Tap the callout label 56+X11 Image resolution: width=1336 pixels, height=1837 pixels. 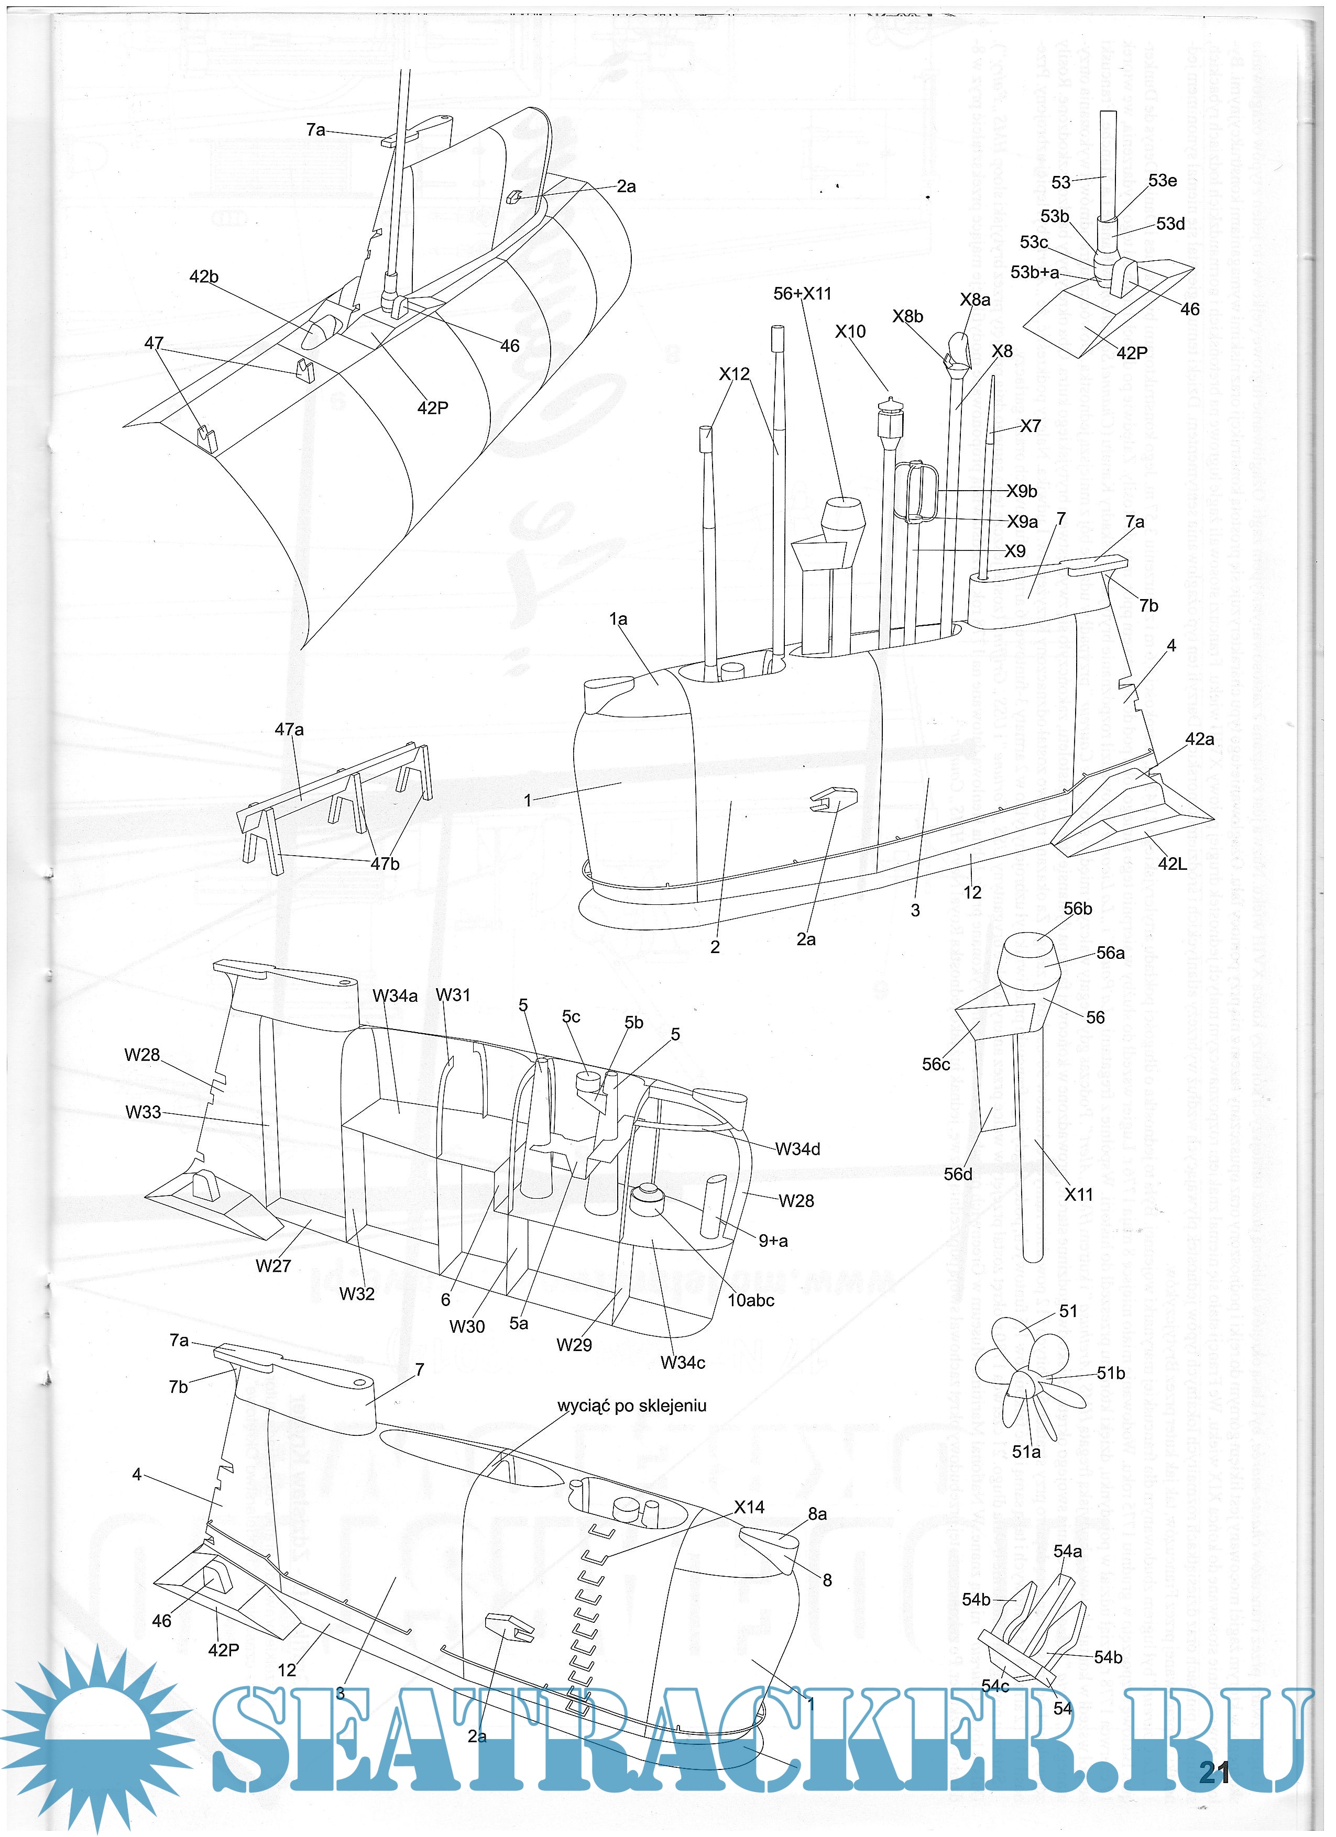802,293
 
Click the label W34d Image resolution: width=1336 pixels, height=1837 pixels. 797,1148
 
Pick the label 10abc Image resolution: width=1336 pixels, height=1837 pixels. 750,1300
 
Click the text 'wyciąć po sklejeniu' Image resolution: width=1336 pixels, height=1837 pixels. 631,1406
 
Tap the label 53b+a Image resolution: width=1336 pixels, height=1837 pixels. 1035,272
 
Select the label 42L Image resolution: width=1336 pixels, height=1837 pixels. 1171,864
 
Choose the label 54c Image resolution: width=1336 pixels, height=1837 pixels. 995,1686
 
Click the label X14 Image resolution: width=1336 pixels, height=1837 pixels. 749,1507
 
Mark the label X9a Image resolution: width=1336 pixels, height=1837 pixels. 1023,522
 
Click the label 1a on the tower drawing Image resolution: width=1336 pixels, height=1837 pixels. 618,619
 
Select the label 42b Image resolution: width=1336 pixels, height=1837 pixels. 203,276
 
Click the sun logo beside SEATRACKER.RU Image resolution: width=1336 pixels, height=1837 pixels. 97,1733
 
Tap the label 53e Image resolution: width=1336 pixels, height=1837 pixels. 1163,180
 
